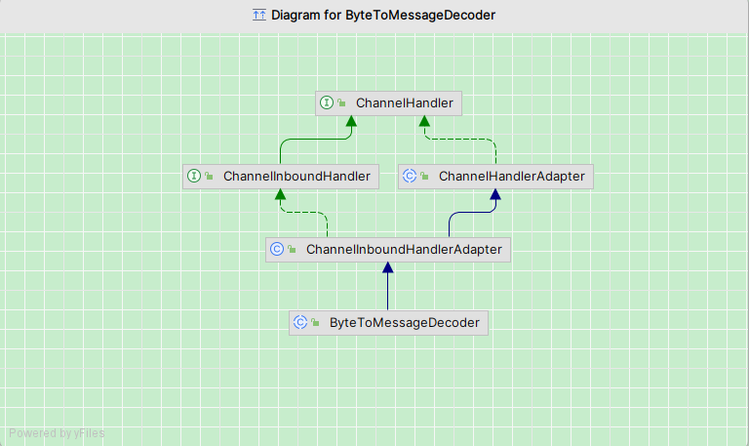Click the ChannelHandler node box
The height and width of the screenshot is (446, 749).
(x=385, y=102)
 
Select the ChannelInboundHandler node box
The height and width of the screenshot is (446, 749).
(x=281, y=177)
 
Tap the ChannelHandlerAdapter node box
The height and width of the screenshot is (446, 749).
(x=496, y=177)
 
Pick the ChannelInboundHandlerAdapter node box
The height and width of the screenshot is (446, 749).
(x=388, y=250)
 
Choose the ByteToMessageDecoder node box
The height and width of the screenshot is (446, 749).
(x=388, y=322)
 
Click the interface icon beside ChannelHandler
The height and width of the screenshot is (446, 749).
(x=327, y=102)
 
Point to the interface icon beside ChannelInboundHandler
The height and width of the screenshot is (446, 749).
(x=194, y=177)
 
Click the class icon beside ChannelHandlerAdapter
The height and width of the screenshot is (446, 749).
(x=410, y=177)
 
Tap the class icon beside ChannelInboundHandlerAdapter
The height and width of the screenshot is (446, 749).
(x=277, y=250)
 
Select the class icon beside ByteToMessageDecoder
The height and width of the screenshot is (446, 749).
(x=300, y=322)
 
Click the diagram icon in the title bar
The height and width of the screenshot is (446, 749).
(x=258, y=15)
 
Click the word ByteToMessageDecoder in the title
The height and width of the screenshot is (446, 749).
(x=420, y=15)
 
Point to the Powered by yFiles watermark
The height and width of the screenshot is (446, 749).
(x=57, y=433)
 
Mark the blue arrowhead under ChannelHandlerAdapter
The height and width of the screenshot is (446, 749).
(x=495, y=195)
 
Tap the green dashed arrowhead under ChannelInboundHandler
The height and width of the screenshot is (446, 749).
(x=281, y=195)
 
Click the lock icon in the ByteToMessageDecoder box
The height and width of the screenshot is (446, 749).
(x=316, y=323)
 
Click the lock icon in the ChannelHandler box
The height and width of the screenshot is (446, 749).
(x=342, y=103)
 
